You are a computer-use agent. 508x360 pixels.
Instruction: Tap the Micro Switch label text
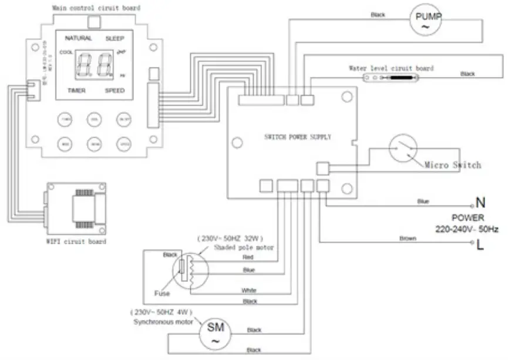coord(452,165)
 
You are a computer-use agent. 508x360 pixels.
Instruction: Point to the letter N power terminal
coord(480,203)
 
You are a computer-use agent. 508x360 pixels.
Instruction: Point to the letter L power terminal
coord(480,246)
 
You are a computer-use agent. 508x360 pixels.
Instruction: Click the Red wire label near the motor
coord(248,257)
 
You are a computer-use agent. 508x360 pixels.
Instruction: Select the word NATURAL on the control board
coord(78,38)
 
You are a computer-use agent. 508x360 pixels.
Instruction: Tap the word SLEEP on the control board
coord(115,38)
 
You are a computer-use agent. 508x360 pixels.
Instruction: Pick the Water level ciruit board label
coord(391,69)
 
